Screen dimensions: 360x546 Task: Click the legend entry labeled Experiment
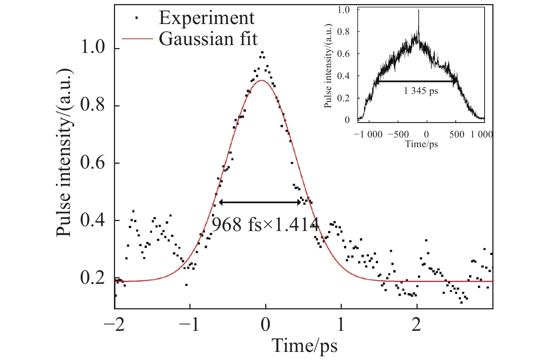(206, 18)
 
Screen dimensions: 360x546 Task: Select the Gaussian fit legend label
(208, 38)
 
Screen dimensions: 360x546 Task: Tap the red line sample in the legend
(137, 38)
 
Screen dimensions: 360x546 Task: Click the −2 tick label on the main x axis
(114, 325)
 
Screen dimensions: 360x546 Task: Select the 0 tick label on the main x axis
(265, 325)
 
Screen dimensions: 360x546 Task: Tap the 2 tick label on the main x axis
(417, 325)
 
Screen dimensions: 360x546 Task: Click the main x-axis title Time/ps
(304, 346)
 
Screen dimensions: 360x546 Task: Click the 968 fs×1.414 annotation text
(265, 224)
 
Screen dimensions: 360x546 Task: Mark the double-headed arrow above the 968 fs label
(260, 202)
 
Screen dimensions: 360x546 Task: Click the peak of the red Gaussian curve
(262, 80)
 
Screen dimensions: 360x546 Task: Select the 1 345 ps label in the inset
(421, 91)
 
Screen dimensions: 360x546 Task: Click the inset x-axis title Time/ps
(421, 144)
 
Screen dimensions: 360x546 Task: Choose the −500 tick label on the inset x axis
(398, 134)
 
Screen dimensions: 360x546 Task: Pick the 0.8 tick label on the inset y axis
(344, 32)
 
